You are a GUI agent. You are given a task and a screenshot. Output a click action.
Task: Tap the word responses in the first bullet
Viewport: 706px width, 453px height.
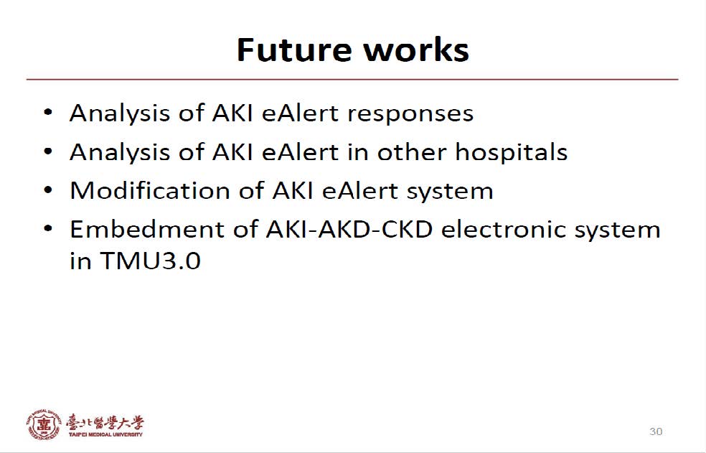[410, 114]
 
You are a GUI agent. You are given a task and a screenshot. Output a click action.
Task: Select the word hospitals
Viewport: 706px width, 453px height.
[511, 152]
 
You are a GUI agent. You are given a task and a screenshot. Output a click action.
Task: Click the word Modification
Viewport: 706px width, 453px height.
[150, 190]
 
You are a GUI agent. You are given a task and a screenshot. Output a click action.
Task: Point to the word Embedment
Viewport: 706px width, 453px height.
[148, 229]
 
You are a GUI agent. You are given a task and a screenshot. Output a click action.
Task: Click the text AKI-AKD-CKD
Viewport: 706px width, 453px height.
[349, 229]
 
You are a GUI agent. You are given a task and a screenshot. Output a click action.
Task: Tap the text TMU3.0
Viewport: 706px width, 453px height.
[150, 261]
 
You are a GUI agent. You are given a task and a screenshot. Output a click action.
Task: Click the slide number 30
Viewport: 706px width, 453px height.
[656, 431]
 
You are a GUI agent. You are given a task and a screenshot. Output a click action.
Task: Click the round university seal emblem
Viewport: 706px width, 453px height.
[43, 424]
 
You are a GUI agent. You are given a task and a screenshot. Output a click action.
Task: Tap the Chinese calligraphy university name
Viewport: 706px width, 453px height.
[105, 422]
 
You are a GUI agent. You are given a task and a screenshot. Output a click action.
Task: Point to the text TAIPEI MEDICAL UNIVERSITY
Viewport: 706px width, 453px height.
[105, 434]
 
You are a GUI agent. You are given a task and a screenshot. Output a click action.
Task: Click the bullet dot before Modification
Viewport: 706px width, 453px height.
[48, 190]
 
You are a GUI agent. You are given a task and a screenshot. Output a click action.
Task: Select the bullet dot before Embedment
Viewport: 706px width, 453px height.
[48, 229]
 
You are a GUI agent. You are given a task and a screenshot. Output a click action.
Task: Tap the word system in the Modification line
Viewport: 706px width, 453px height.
[450, 192]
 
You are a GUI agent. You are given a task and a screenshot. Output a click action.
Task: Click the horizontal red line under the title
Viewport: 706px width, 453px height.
[352, 80]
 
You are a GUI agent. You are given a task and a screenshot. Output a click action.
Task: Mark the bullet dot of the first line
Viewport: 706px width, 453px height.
[48, 113]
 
